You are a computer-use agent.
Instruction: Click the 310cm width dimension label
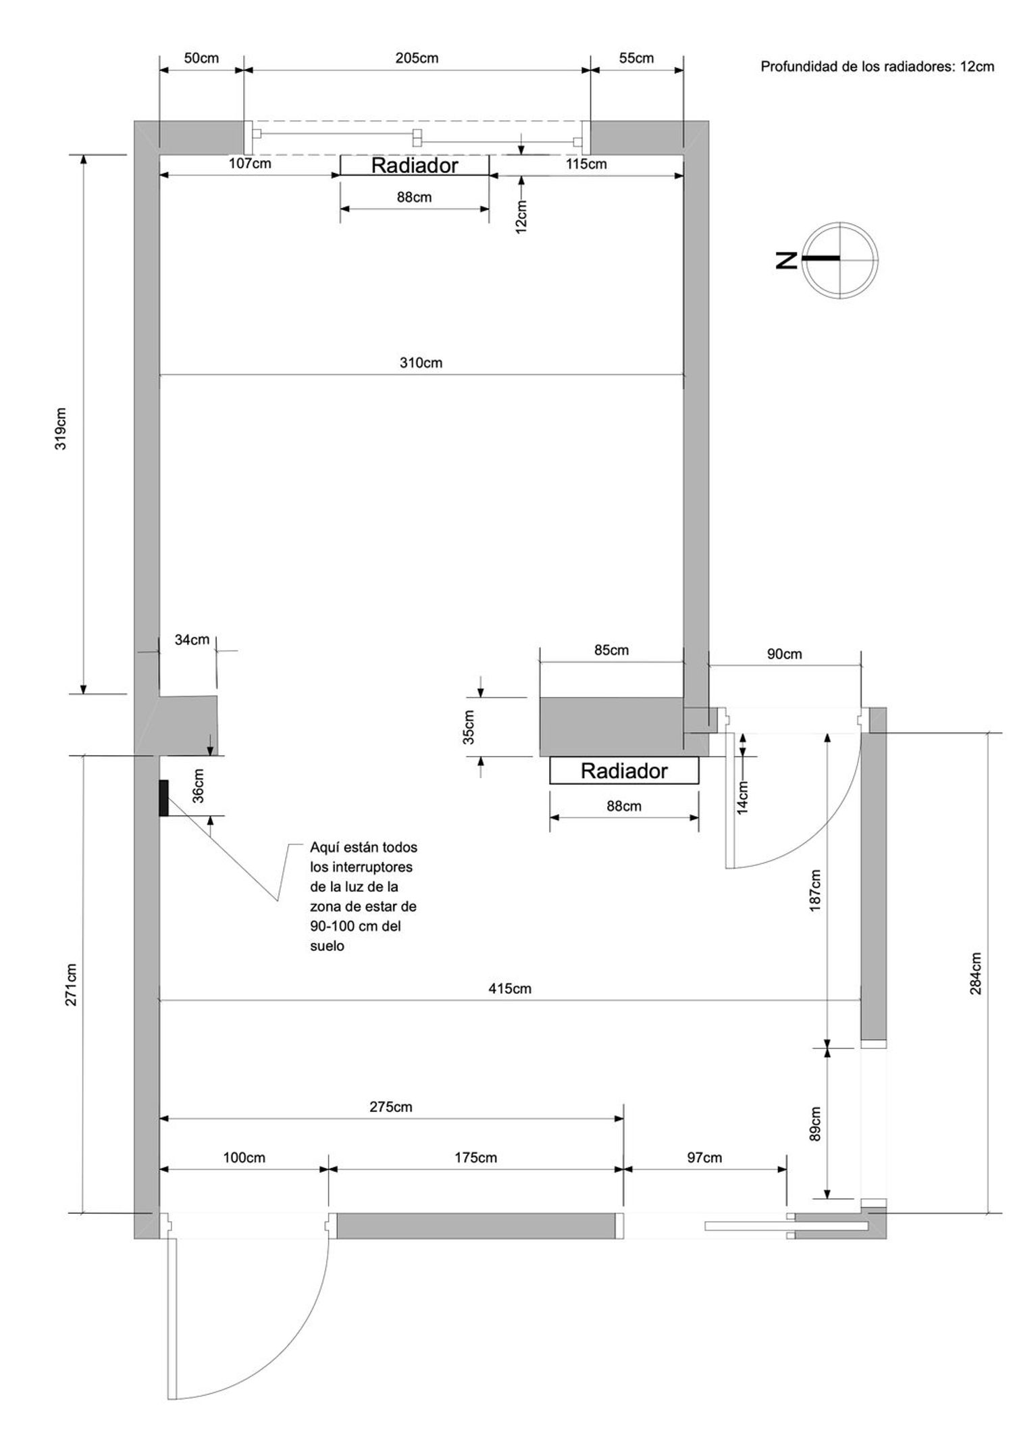point(421,363)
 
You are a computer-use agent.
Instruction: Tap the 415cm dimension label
point(510,989)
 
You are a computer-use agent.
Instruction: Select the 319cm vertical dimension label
point(61,429)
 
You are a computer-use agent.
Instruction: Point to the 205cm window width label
point(417,58)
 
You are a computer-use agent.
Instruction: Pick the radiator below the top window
point(415,165)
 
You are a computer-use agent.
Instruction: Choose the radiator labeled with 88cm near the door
point(624,771)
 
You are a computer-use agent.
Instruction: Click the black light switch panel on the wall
point(163,798)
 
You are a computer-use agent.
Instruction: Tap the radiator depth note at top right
point(877,66)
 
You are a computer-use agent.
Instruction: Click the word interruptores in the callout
point(361,867)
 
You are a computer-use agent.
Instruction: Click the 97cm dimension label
point(704,1158)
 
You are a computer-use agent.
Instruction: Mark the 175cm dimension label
point(475,1158)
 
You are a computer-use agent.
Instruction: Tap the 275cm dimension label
point(391,1107)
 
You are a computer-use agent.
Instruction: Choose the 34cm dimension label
point(192,640)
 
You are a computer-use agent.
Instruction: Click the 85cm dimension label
point(611,650)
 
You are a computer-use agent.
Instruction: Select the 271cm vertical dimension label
point(72,985)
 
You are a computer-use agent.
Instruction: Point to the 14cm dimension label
point(743,798)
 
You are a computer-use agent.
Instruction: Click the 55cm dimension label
point(636,58)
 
